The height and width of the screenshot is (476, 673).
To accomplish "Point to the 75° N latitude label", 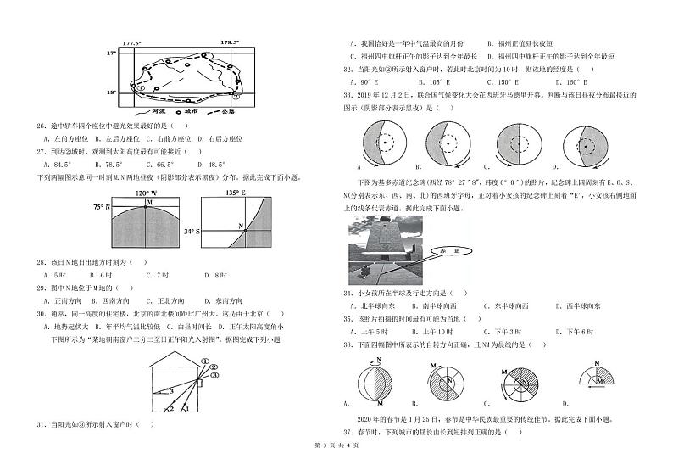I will [x=102, y=206].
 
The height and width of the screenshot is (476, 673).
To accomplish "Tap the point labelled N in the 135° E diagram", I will [x=240, y=226].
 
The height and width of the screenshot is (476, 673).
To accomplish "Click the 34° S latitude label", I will [x=191, y=230].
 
